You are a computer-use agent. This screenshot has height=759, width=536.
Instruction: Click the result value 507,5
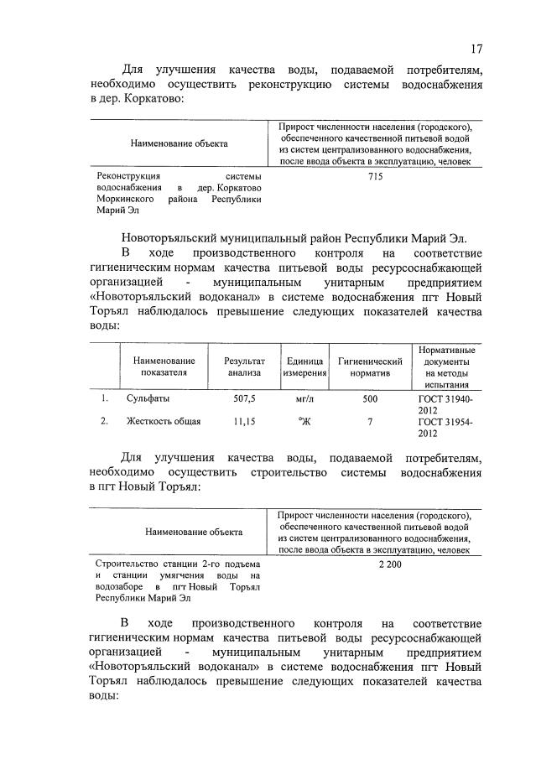243,400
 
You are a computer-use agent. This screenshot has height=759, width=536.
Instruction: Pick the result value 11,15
243,422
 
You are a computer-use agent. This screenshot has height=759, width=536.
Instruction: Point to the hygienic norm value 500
370,400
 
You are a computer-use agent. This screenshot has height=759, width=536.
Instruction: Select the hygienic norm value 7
370,422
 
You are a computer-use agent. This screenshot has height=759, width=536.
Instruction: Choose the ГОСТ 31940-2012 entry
445,406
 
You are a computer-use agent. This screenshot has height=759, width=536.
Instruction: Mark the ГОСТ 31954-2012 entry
445,428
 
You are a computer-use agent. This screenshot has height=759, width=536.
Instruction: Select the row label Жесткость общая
163,422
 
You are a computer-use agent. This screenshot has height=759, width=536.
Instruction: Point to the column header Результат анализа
243,367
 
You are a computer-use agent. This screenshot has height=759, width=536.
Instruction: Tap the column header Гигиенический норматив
370,367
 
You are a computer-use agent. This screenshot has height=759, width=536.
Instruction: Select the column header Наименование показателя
163,367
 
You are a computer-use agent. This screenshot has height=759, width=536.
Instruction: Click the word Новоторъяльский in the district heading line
172,237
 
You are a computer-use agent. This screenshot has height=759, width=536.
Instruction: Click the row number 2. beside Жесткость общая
105,422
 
